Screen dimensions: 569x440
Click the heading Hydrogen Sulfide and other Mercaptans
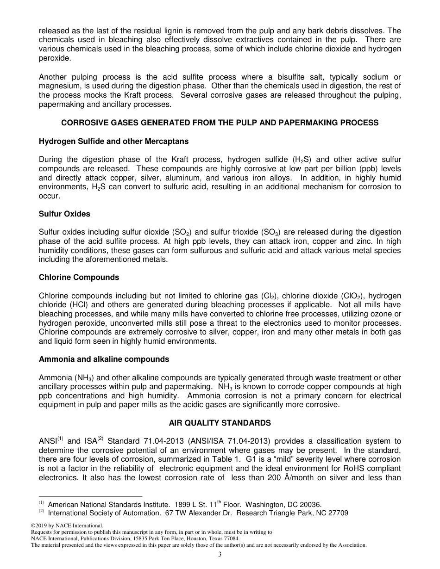pyautogui.click(x=113, y=141)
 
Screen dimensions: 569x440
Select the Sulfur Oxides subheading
pyautogui.click(x=64, y=214)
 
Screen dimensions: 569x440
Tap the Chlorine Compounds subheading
pyautogui.click(x=79, y=278)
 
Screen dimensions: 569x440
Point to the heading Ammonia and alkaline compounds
pyautogui.click(x=104, y=359)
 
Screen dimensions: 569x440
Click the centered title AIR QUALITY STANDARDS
pyautogui.click(x=220, y=423)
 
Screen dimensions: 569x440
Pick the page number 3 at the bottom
pyautogui.click(x=220, y=554)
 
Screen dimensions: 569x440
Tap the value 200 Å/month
pyautogui.click(x=284, y=477)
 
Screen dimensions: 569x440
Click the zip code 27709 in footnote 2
pyautogui.click(x=338, y=513)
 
